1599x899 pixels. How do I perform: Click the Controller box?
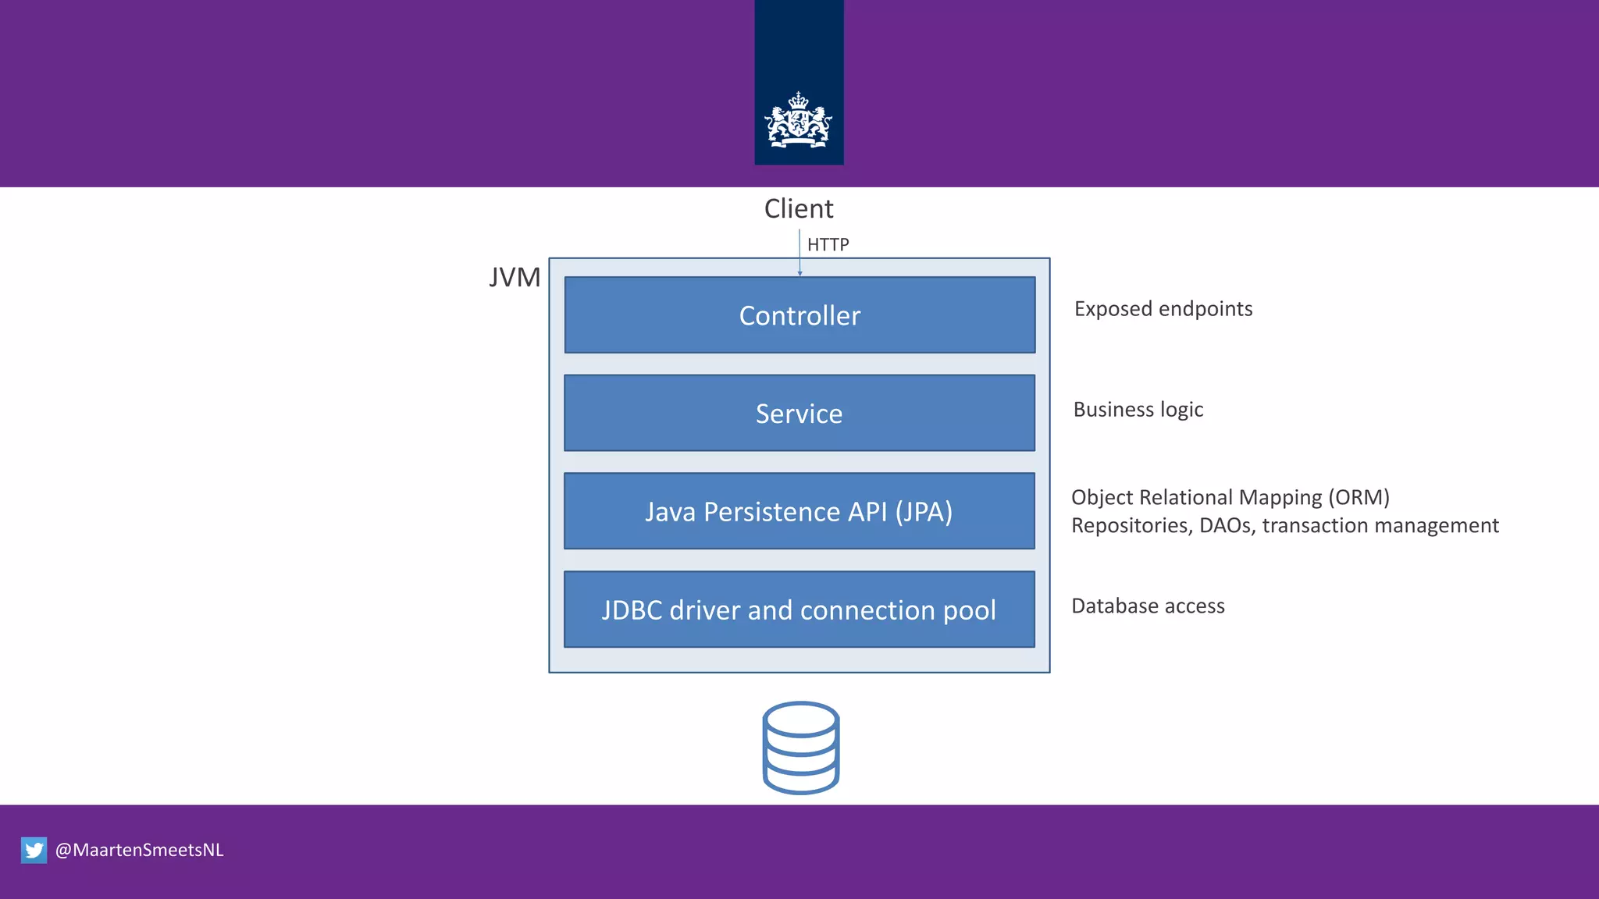pos(799,315)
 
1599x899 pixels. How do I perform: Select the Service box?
pos(799,414)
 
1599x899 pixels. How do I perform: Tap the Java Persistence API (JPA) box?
pos(799,512)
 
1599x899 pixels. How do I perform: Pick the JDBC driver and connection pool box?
pos(799,609)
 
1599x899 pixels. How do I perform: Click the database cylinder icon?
pos(800,748)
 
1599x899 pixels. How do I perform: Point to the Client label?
pos(799,209)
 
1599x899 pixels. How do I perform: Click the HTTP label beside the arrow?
pos(828,245)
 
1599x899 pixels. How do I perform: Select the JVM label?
pos(515,278)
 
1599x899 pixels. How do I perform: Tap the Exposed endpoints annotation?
pos(1163,309)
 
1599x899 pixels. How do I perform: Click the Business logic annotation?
pos(1138,410)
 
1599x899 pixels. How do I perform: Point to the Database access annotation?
pos(1148,606)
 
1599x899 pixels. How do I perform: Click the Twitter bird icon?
pos(34,850)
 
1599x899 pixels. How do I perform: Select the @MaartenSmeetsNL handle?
pos(140,850)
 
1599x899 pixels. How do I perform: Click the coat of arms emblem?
pos(798,120)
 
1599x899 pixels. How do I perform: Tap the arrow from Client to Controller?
pos(799,253)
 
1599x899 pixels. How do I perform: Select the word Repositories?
pos(1131,526)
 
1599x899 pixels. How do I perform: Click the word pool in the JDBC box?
pos(970,610)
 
